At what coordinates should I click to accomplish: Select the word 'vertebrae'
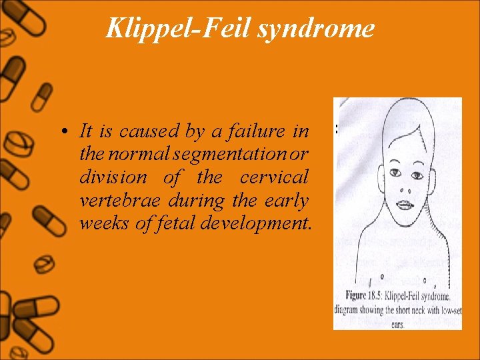(112, 201)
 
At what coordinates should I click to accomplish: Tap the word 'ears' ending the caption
(397, 325)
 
